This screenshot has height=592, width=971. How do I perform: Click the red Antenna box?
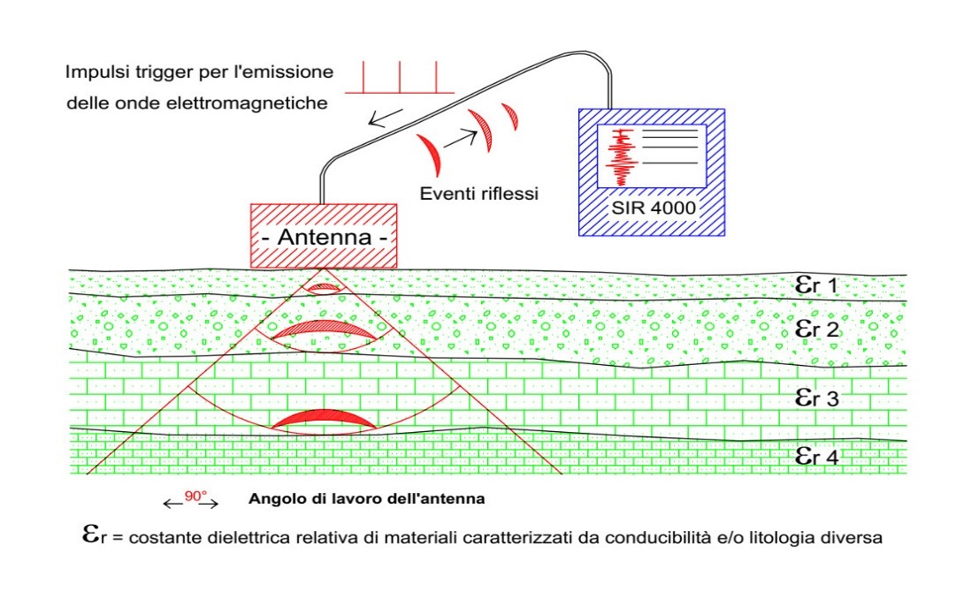[323, 236]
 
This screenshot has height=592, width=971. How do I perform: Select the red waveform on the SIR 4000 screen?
[624, 155]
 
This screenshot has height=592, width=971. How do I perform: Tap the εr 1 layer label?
[814, 285]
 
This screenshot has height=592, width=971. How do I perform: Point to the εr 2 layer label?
[816, 330]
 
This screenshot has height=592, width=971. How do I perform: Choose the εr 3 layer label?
[816, 398]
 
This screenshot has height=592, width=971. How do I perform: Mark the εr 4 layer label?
[815, 456]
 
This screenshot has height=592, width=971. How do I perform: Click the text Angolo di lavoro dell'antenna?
[367, 499]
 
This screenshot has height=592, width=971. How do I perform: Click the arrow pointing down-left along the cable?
[379, 118]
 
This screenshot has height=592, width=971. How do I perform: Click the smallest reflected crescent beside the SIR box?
[510, 116]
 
